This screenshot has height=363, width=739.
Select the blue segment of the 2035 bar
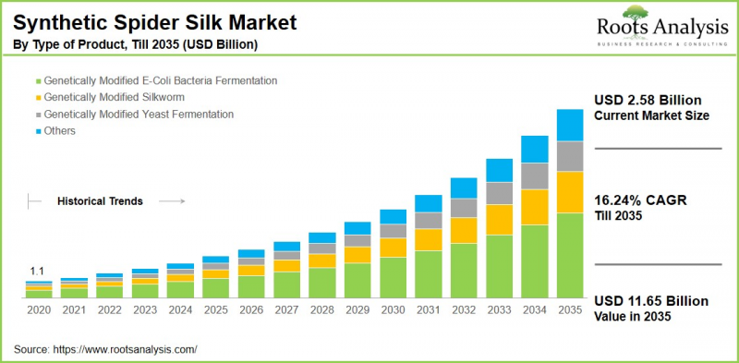pyautogui.click(x=569, y=125)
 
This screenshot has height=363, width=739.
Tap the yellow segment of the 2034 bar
pyautogui.click(x=535, y=207)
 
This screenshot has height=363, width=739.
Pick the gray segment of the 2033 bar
pyautogui.click(x=500, y=192)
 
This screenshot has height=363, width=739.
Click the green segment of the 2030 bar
pyautogui.click(x=394, y=278)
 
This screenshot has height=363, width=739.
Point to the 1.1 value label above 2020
pyautogui.click(x=38, y=271)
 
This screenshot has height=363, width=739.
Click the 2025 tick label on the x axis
pyautogui.click(x=215, y=311)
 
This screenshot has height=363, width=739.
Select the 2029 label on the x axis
pyautogui.click(x=357, y=311)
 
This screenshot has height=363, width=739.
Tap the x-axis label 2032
pyautogui.click(x=464, y=311)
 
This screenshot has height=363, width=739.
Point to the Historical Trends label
pyautogui.click(x=100, y=200)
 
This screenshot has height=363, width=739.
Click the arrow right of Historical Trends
pyautogui.click(x=170, y=200)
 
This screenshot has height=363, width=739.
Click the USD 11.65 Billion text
pyautogui.click(x=650, y=301)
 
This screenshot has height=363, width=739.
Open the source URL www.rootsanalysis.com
pyautogui.click(x=127, y=349)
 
